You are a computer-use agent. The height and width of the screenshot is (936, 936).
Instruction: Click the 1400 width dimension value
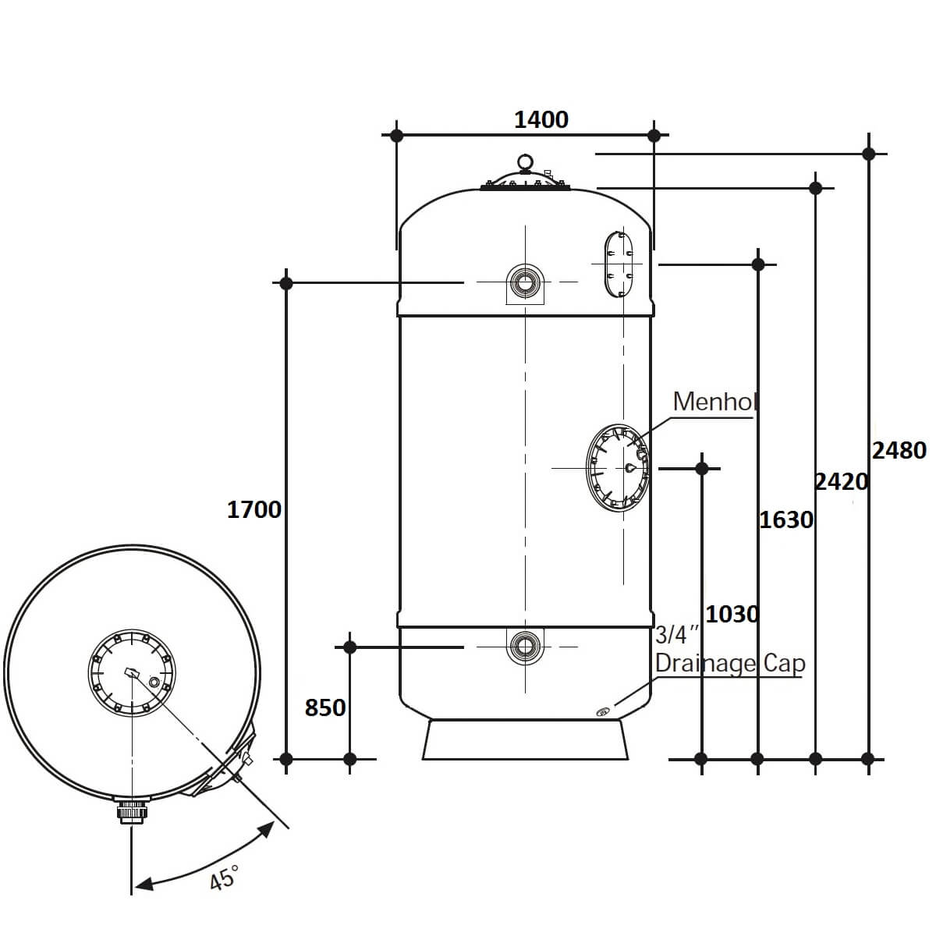click(541, 120)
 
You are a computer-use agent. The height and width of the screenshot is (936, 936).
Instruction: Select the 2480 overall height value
click(899, 450)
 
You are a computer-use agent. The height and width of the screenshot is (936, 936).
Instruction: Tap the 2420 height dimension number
click(842, 482)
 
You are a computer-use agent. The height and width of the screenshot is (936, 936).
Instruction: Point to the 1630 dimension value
click(786, 519)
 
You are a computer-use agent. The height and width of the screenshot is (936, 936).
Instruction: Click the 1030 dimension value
click(732, 615)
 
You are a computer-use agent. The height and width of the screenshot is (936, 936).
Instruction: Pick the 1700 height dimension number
click(254, 510)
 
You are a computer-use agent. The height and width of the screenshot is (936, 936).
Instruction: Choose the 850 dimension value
click(325, 707)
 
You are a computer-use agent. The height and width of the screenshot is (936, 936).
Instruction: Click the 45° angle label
click(224, 877)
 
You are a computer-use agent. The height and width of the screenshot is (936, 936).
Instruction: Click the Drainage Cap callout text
click(730, 663)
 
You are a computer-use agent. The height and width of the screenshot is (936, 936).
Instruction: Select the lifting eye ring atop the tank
click(525, 161)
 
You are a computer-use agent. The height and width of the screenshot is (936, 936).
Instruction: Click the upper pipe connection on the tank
click(525, 283)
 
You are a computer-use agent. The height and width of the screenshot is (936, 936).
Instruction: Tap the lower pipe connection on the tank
click(525, 646)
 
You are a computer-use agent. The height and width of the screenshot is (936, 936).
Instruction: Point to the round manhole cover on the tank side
click(618, 468)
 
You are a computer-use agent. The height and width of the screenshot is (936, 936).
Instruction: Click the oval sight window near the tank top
click(619, 264)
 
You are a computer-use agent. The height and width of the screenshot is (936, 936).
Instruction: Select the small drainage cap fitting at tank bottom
click(602, 712)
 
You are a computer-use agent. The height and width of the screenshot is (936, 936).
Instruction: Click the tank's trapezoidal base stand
click(525, 739)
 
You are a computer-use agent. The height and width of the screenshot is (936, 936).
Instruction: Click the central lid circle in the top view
click(132, 672)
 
